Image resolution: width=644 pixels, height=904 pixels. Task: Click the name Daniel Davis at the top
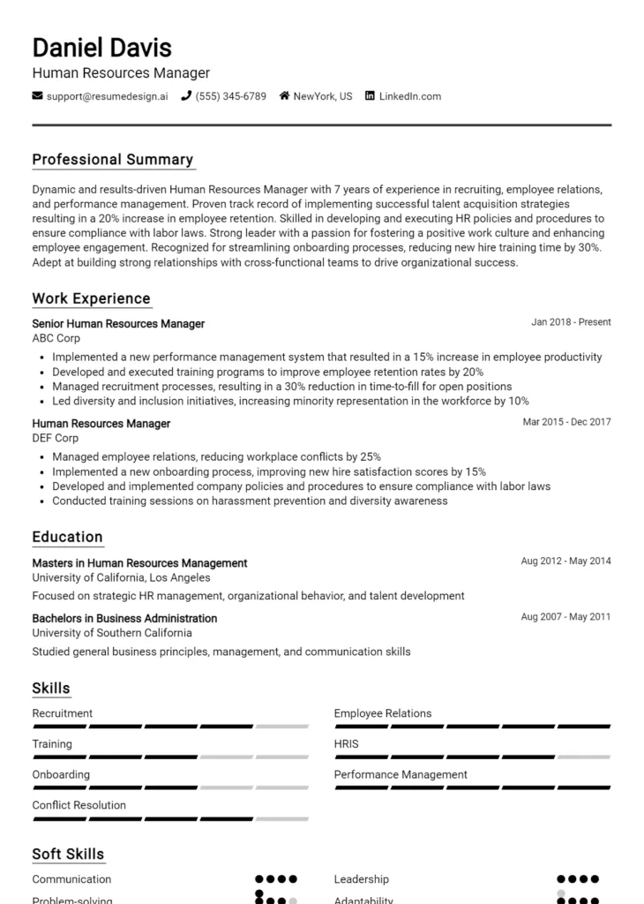coord(102,47)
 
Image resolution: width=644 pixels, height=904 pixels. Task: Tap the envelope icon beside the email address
coord(38,96)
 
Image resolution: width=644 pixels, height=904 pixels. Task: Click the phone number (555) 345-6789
coord(230,96)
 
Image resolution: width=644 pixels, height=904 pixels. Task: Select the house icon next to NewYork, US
coord(285,96)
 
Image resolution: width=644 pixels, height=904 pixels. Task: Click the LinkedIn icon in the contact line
coord(370,96)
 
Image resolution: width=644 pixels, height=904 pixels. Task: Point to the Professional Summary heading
coord(113,160)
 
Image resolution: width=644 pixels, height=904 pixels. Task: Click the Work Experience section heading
coord(92,298)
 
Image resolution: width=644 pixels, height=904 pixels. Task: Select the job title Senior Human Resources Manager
coord(118,324)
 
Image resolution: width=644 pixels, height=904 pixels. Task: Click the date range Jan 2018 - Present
coord(571,323)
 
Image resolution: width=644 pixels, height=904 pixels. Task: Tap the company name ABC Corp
coord(56,338)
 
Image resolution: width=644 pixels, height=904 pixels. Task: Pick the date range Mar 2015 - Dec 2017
coord(566,423)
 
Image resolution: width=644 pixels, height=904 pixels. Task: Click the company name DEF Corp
coord(56,438)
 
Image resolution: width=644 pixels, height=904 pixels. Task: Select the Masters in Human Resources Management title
coord(139,563)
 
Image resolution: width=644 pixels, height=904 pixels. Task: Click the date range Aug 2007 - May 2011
coord(565,617)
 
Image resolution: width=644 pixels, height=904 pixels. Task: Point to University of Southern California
coord(112,633)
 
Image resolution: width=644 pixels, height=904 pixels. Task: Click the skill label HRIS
coord(347,744)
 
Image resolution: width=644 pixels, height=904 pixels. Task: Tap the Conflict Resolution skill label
coord(79,805)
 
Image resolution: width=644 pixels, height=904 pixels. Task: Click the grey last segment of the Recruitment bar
coord(282,727)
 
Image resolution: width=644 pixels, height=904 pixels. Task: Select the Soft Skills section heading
coord(68,855)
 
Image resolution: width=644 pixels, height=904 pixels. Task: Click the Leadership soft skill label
coord(362,879)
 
